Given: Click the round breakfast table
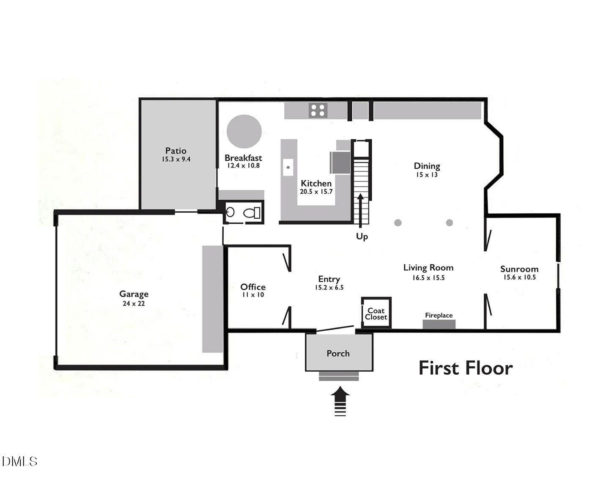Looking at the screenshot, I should (x=244, y=131).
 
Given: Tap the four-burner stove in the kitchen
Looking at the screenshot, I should (x=318, y=110).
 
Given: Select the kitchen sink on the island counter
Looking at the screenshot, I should (x=288, y=167).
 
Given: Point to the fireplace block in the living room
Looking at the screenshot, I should (x=439, y=324).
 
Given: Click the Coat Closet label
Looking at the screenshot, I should (x=376, y=314).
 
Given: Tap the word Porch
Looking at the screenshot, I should (x=338, y=354).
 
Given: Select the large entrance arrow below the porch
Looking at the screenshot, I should (x=340, y=402).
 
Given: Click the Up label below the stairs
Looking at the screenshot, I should (x=362, y=236).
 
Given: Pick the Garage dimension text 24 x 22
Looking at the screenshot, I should (x=134, y=304).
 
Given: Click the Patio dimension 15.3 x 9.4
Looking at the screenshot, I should (x=176, y=159).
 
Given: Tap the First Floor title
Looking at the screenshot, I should (x=466, y=368).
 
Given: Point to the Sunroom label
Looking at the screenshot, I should (x=519, y=269).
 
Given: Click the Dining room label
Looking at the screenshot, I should (x=427, y=166).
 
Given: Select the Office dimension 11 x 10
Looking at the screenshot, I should (x=253, y=295).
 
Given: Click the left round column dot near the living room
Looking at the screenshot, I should (x=398, y=222).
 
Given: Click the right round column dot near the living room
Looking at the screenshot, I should (x=450, y=222).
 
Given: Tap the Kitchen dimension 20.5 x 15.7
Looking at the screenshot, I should (x=316, y=192).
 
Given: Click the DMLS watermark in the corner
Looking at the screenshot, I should (x=19, y=461).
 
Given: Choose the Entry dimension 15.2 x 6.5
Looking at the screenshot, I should (x=329, y=288).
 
